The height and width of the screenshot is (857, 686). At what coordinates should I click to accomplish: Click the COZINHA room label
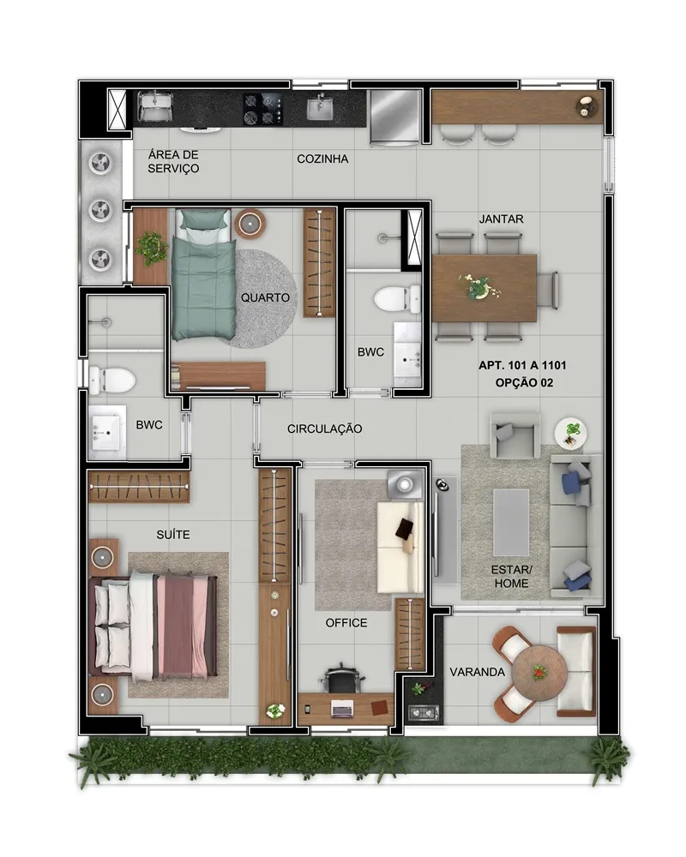[x=322, y=159]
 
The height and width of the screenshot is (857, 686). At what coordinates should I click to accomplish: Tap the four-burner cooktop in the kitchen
[x=263, y=108]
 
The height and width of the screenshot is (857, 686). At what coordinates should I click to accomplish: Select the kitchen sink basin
[x=319, y=108]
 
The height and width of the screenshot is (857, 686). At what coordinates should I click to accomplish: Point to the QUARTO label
[x=265, y=298]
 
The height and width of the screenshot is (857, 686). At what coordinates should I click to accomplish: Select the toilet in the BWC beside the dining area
[x=398, y=299]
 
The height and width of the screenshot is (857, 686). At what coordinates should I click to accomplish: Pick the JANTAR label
[x=501, y=219]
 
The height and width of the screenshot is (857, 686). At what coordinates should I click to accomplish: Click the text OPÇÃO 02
[x=524, y=382]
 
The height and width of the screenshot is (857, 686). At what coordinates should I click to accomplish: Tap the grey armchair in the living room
[x=514, y=435]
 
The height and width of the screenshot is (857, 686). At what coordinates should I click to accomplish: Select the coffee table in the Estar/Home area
[x=511, y=522]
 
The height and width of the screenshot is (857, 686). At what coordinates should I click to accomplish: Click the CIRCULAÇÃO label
[x=324, y=429]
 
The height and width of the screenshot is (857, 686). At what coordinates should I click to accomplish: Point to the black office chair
[x=342, y=679]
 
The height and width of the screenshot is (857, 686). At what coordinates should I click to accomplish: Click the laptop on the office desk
[x=342, y=709]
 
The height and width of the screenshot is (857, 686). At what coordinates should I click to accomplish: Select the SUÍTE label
[x=173, y=535]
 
